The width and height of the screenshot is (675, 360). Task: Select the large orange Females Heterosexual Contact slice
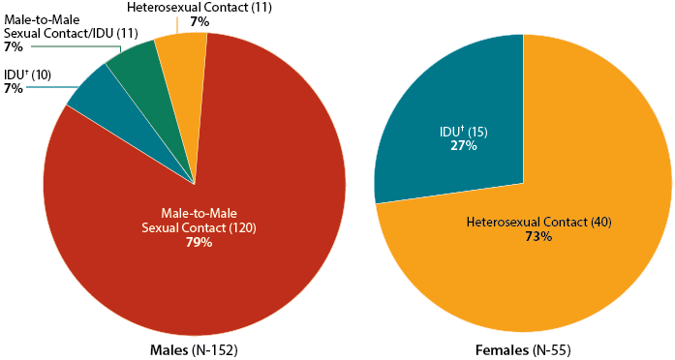[542, 271]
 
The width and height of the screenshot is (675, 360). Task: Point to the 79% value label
[199, 242]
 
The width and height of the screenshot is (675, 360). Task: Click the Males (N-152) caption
[195, 348]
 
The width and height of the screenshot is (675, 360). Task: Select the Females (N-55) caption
[523, 348]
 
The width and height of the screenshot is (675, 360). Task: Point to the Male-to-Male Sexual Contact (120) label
[199, 220]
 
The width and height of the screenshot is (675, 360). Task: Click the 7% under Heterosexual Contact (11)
[199, 21]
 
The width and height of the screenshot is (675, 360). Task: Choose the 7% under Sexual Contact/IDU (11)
[13, 45]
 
